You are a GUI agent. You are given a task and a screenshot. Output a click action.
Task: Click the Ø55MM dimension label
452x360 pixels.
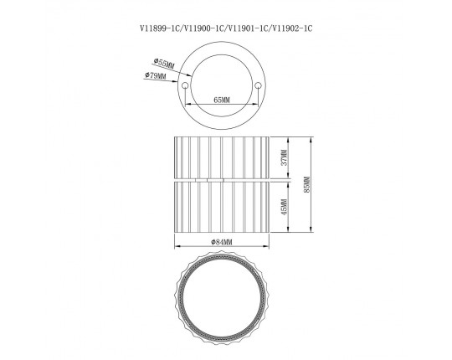(x=164, y=64)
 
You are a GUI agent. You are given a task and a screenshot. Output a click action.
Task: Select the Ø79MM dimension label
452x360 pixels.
(x=156, y=76)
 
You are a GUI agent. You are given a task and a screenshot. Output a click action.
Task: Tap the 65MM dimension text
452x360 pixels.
(x=222, y=100)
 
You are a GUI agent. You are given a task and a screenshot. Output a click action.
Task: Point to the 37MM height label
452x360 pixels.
(x=285, y=157)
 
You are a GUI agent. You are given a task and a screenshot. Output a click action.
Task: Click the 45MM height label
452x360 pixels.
(x=285, y=208)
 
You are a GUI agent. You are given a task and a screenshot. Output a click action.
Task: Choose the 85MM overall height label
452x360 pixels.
(x=306, y=185)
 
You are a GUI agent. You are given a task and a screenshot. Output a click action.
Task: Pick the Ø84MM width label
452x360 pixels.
(x=221, y=243)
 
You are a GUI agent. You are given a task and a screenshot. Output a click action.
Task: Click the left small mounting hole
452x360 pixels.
(x=185, y=85)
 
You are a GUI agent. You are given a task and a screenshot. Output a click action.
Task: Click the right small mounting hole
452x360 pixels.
(x=258, y=85)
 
